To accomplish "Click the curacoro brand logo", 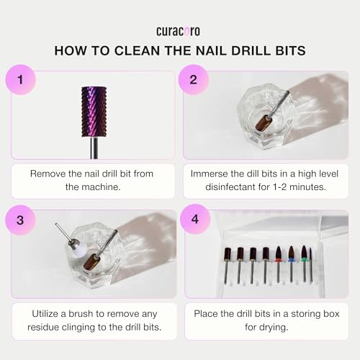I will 179,31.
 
